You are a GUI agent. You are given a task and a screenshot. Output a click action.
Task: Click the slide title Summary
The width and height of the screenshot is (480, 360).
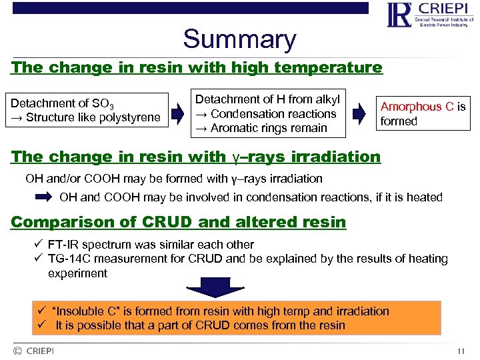click(239, 39)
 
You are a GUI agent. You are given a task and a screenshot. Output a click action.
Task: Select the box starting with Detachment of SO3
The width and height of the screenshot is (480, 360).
click(86, 111)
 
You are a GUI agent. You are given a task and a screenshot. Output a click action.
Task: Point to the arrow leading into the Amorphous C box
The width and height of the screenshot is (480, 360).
click(359, 113)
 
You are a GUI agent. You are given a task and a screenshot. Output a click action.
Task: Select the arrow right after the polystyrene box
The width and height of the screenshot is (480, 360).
click(178, 113)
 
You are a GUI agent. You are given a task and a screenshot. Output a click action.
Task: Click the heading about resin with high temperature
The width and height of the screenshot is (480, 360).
click(197, 67)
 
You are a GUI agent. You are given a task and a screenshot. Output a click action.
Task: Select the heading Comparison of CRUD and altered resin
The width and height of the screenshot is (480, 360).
click(179, 222)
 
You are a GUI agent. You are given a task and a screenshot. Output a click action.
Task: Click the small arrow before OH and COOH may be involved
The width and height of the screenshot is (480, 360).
click(45, 197)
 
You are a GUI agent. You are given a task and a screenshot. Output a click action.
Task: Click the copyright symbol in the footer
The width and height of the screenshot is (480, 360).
click(17, 351)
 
